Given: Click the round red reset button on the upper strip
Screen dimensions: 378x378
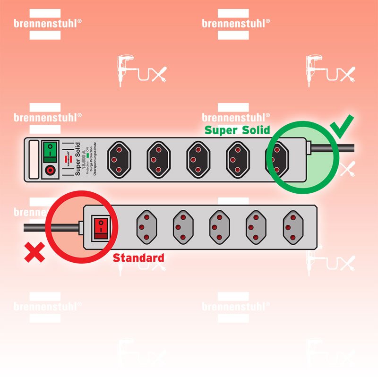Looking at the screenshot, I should (49, 170).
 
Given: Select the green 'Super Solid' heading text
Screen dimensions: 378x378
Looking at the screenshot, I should (237, 130).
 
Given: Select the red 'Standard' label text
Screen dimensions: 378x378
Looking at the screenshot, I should (138, 258).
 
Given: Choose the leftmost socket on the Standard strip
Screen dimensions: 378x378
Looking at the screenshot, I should (146, 227).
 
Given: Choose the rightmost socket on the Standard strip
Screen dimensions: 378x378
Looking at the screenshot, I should (293, 227).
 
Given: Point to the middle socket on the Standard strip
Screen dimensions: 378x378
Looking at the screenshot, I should (220, 227).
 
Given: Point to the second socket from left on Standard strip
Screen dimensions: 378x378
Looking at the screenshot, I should (183, 227).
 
